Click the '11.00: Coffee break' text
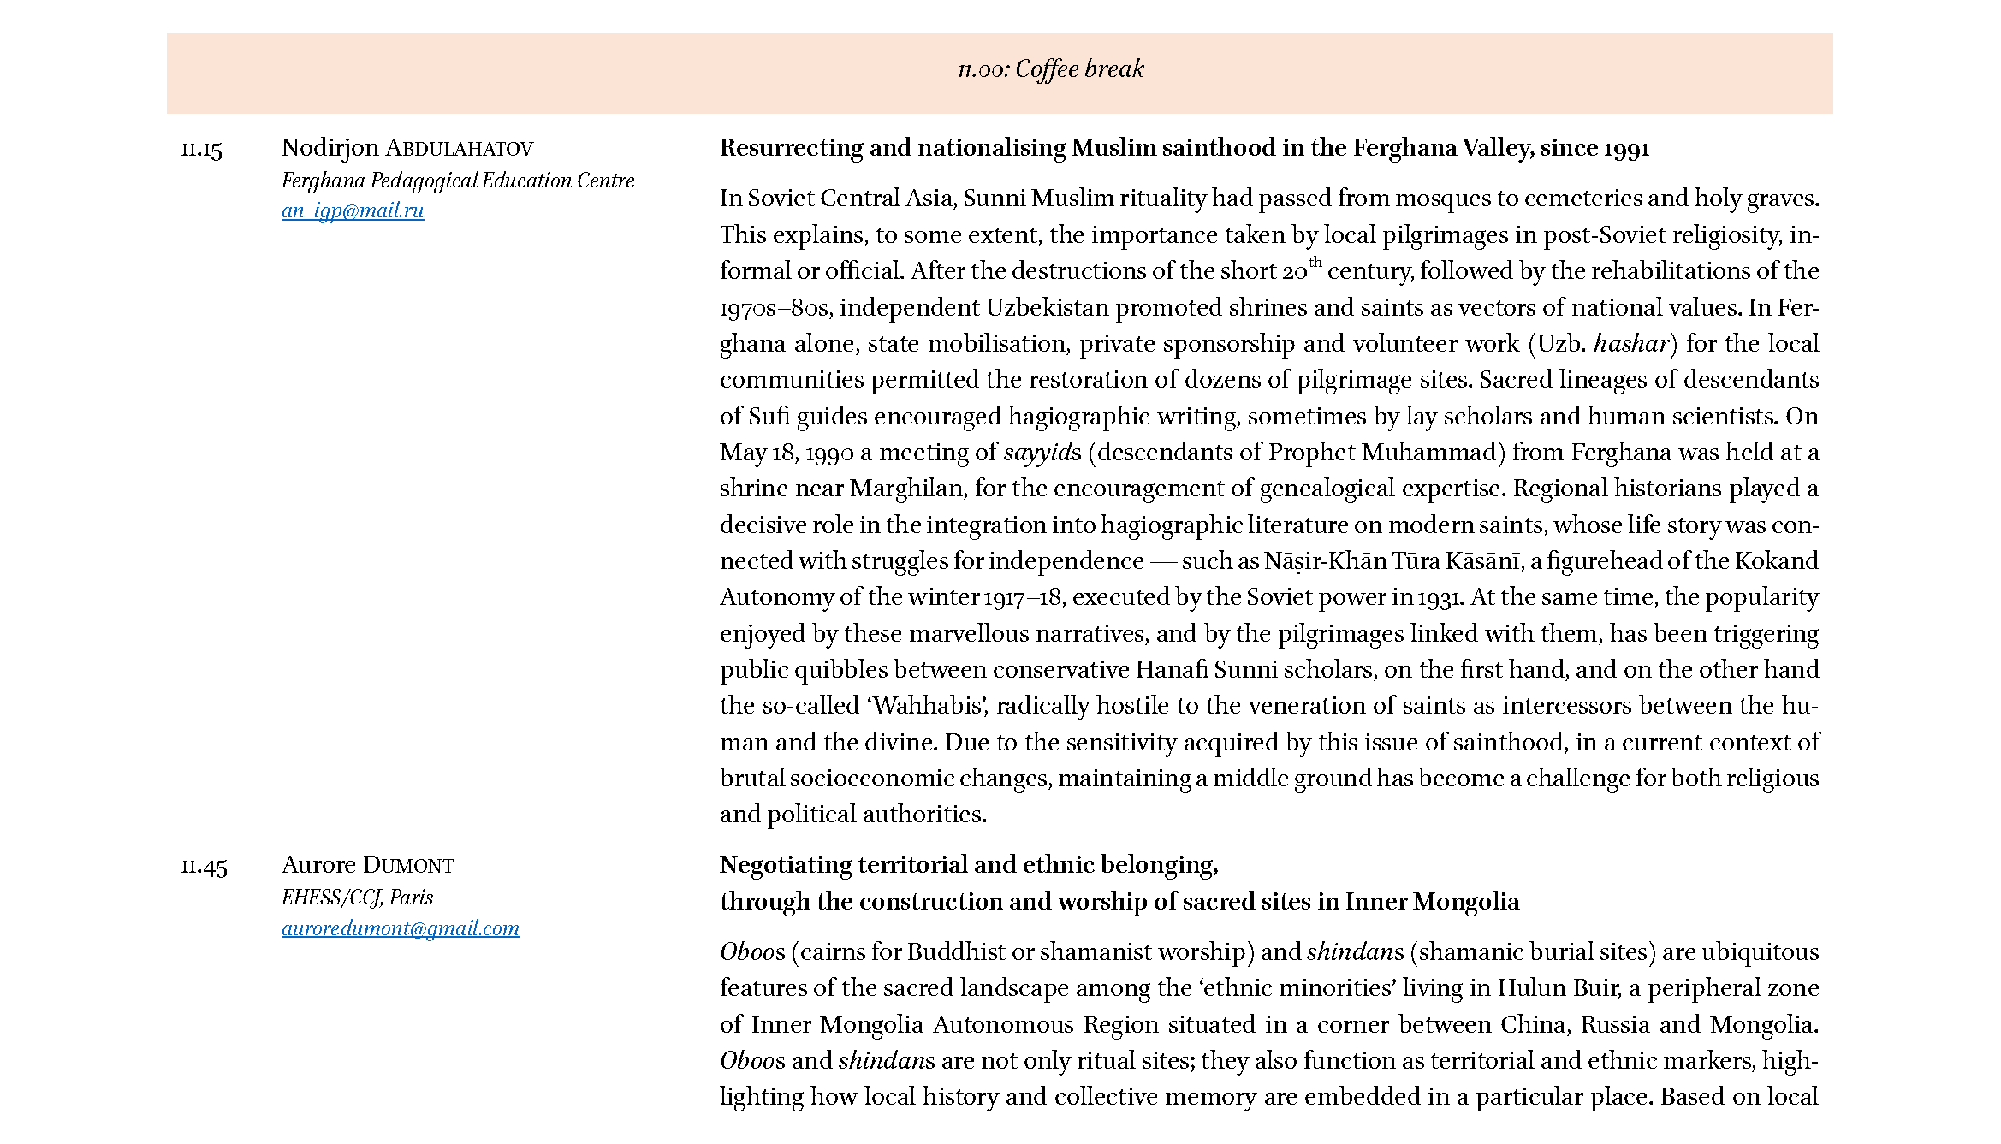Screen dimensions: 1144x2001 1050,69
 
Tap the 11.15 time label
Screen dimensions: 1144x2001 201,150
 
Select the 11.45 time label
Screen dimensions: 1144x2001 204,867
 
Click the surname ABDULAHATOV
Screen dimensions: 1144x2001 459,149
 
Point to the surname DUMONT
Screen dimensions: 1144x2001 408,866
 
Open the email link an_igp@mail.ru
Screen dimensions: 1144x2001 353,210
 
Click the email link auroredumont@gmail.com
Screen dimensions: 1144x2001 401,928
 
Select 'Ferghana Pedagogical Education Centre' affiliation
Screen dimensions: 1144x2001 458,181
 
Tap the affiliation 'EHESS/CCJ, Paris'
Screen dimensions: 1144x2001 357,898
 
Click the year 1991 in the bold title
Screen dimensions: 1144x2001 1625,149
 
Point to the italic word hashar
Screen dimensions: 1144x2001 1631,344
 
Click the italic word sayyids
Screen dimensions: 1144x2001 1042,453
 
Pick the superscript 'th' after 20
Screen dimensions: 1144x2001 1315,262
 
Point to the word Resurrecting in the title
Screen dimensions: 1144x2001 791,149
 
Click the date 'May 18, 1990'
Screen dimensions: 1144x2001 787,453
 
